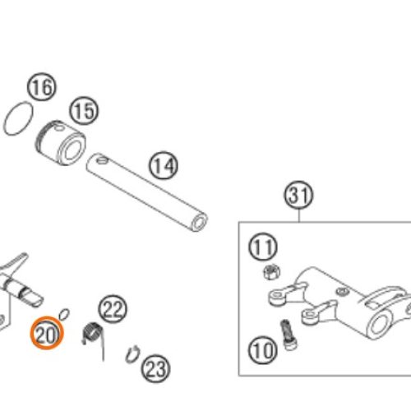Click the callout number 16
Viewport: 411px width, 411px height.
42,87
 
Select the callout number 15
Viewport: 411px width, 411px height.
84,111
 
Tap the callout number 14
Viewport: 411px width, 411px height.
164,165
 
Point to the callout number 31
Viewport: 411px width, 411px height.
298,196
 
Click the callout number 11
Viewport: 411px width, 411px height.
263,247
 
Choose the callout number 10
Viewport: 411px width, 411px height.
262,350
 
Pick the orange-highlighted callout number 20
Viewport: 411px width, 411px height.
47,333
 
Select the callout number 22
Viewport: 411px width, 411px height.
113,309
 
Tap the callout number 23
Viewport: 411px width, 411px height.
155,368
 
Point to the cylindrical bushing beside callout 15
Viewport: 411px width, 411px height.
61,142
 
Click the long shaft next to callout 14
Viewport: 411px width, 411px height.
146,192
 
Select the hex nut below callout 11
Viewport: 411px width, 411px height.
272,272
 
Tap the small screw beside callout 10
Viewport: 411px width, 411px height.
289,335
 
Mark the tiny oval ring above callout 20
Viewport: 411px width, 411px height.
64,314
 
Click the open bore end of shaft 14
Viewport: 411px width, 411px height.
199,222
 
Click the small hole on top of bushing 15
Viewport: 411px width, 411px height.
58,127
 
